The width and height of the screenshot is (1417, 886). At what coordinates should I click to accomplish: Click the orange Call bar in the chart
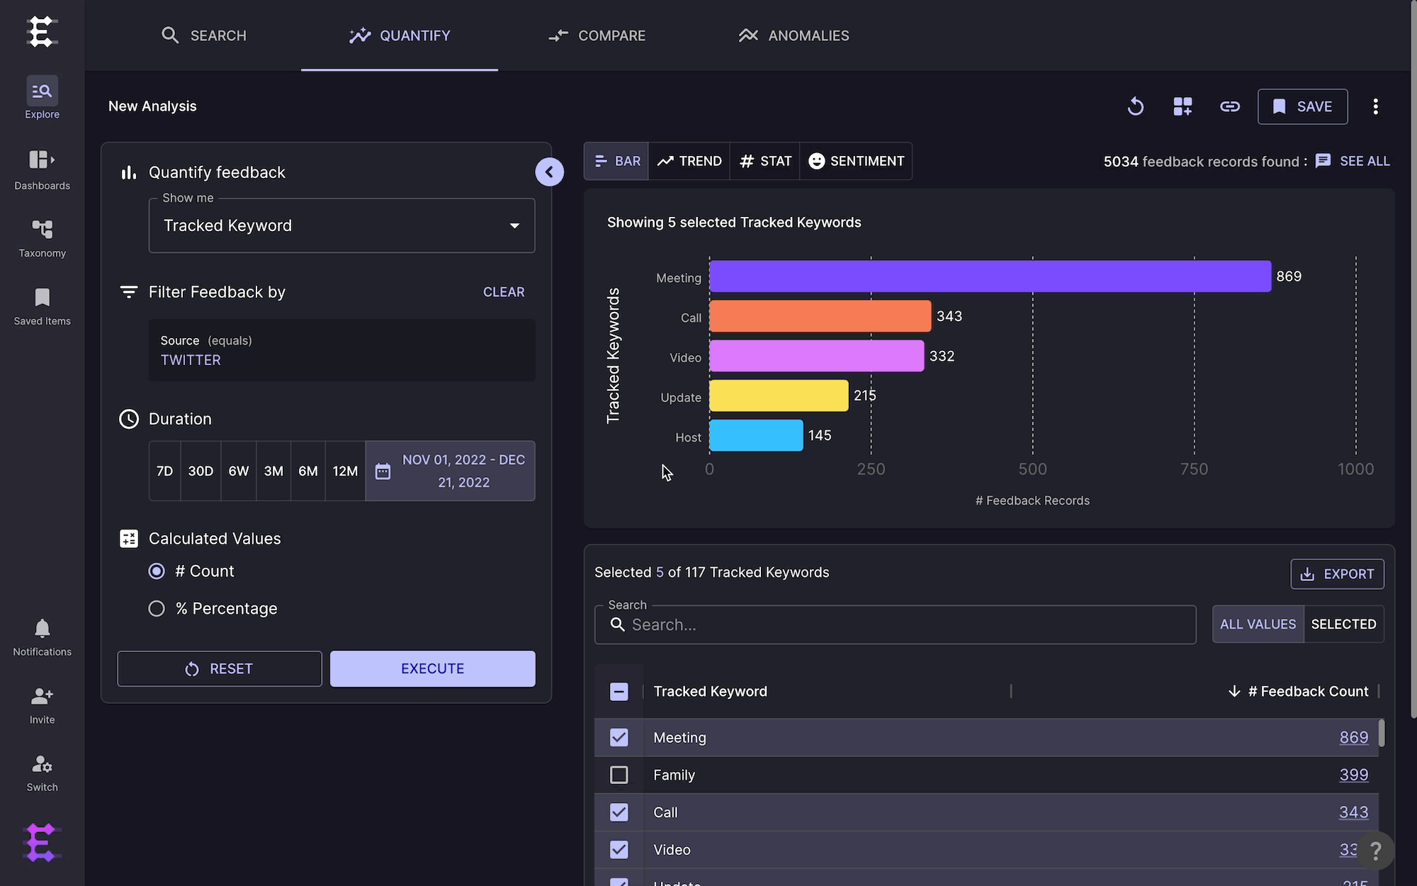(820, 316)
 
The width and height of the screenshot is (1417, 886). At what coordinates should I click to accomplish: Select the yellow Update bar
(779, 396)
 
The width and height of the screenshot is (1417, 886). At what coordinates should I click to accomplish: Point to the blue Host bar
(756, 435)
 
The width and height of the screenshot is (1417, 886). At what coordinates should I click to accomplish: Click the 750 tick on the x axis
(1194, 469)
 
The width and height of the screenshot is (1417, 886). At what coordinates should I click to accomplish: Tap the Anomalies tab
(794, 35)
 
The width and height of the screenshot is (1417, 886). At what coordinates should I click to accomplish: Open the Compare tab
(597, 35)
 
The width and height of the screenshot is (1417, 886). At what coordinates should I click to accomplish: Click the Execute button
(432, 668)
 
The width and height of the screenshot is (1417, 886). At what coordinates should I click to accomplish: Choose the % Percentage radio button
(157, 609)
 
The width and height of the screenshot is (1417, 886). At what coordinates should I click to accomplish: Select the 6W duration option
(239, 471)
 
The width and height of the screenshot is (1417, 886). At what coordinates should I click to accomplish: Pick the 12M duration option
(345, 471)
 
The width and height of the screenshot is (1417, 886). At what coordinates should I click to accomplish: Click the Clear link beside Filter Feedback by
(504, 292)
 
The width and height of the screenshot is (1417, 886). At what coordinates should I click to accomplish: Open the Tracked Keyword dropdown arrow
(514, 226)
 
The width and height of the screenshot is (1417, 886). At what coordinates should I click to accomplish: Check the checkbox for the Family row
(619, 775)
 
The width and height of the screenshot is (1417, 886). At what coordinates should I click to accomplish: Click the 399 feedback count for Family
(1353, 775)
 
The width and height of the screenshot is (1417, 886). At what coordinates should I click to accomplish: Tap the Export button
(1337, 574)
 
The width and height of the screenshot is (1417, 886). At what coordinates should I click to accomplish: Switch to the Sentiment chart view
(856, 161)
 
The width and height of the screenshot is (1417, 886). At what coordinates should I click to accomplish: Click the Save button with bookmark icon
(1302, 106)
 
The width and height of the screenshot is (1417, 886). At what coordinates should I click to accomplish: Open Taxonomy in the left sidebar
(43, 238)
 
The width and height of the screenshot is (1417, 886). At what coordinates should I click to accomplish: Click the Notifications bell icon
(43, 628)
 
